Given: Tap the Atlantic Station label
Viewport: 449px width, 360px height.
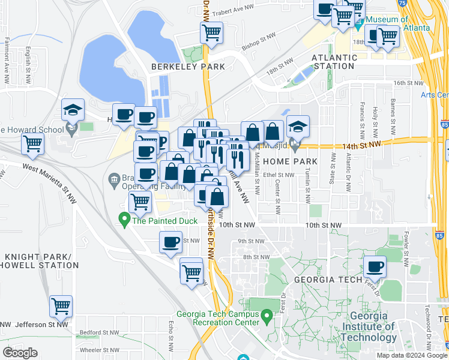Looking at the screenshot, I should pos(334,62).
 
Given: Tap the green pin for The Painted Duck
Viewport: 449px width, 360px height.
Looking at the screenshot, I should pos(124,220).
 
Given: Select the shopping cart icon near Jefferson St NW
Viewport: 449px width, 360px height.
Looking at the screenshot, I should pos(61,306).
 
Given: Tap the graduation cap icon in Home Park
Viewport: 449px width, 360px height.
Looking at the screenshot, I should pos(298,126).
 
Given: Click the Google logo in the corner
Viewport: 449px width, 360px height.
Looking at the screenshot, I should pos(20,352).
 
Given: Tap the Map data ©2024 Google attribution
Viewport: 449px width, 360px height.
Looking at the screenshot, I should pos(411,355).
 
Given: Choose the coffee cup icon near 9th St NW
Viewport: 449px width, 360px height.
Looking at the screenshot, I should pos(170,242).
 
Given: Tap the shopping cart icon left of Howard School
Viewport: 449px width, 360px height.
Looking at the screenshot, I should pos(32,143).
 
